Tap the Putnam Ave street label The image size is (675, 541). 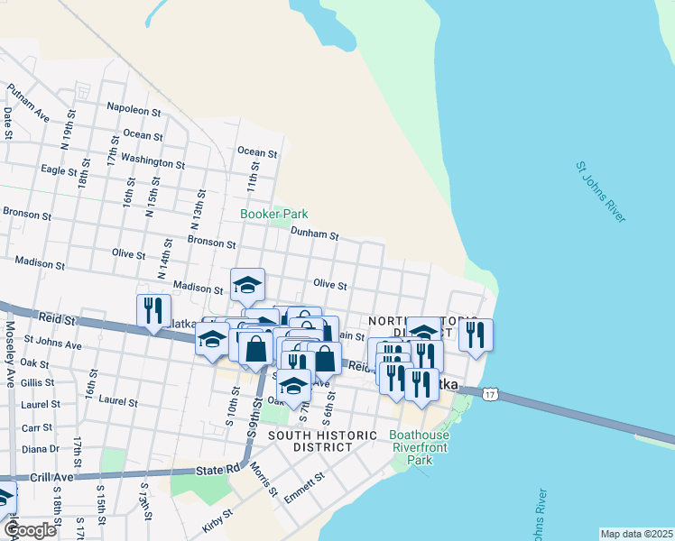(x=28, y=103)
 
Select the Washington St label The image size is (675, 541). (x=153, y=160)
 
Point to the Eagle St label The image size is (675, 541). (x=60, y=170)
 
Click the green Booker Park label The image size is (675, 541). (x=273, y=214)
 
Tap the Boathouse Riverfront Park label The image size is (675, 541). (x=419, y=446)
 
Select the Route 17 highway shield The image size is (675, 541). (x=489, y=395)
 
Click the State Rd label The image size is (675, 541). (x=218, y=470)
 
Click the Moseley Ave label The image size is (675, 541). (x=11, y=349)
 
